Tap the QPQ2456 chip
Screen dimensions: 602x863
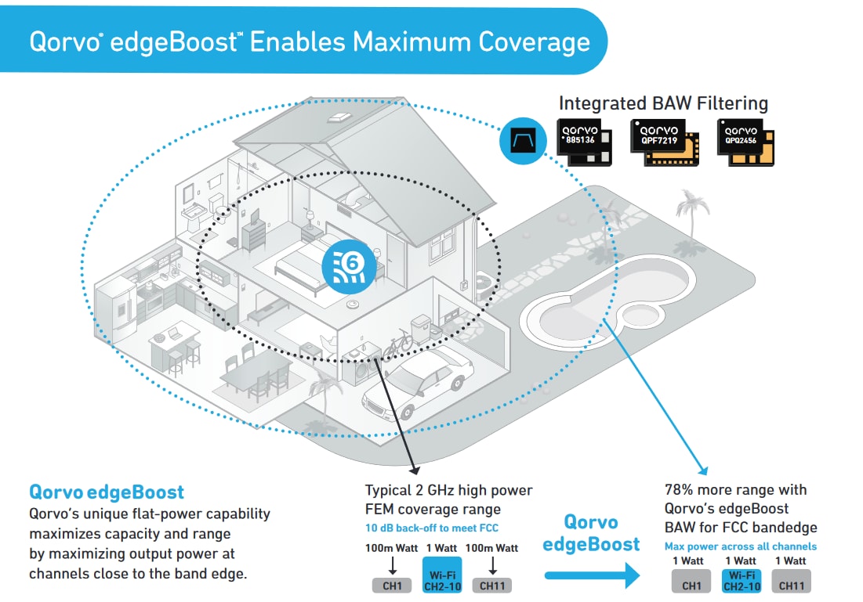(744, 142)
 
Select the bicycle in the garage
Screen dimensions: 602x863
(397, 341)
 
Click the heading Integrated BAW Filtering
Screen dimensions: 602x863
(663, 103)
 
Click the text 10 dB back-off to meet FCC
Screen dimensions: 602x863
(431, 528)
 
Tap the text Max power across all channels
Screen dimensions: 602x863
(740, 546)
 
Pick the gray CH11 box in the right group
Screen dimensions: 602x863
(791, 585)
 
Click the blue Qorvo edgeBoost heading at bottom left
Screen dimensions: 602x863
(107, 492)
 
